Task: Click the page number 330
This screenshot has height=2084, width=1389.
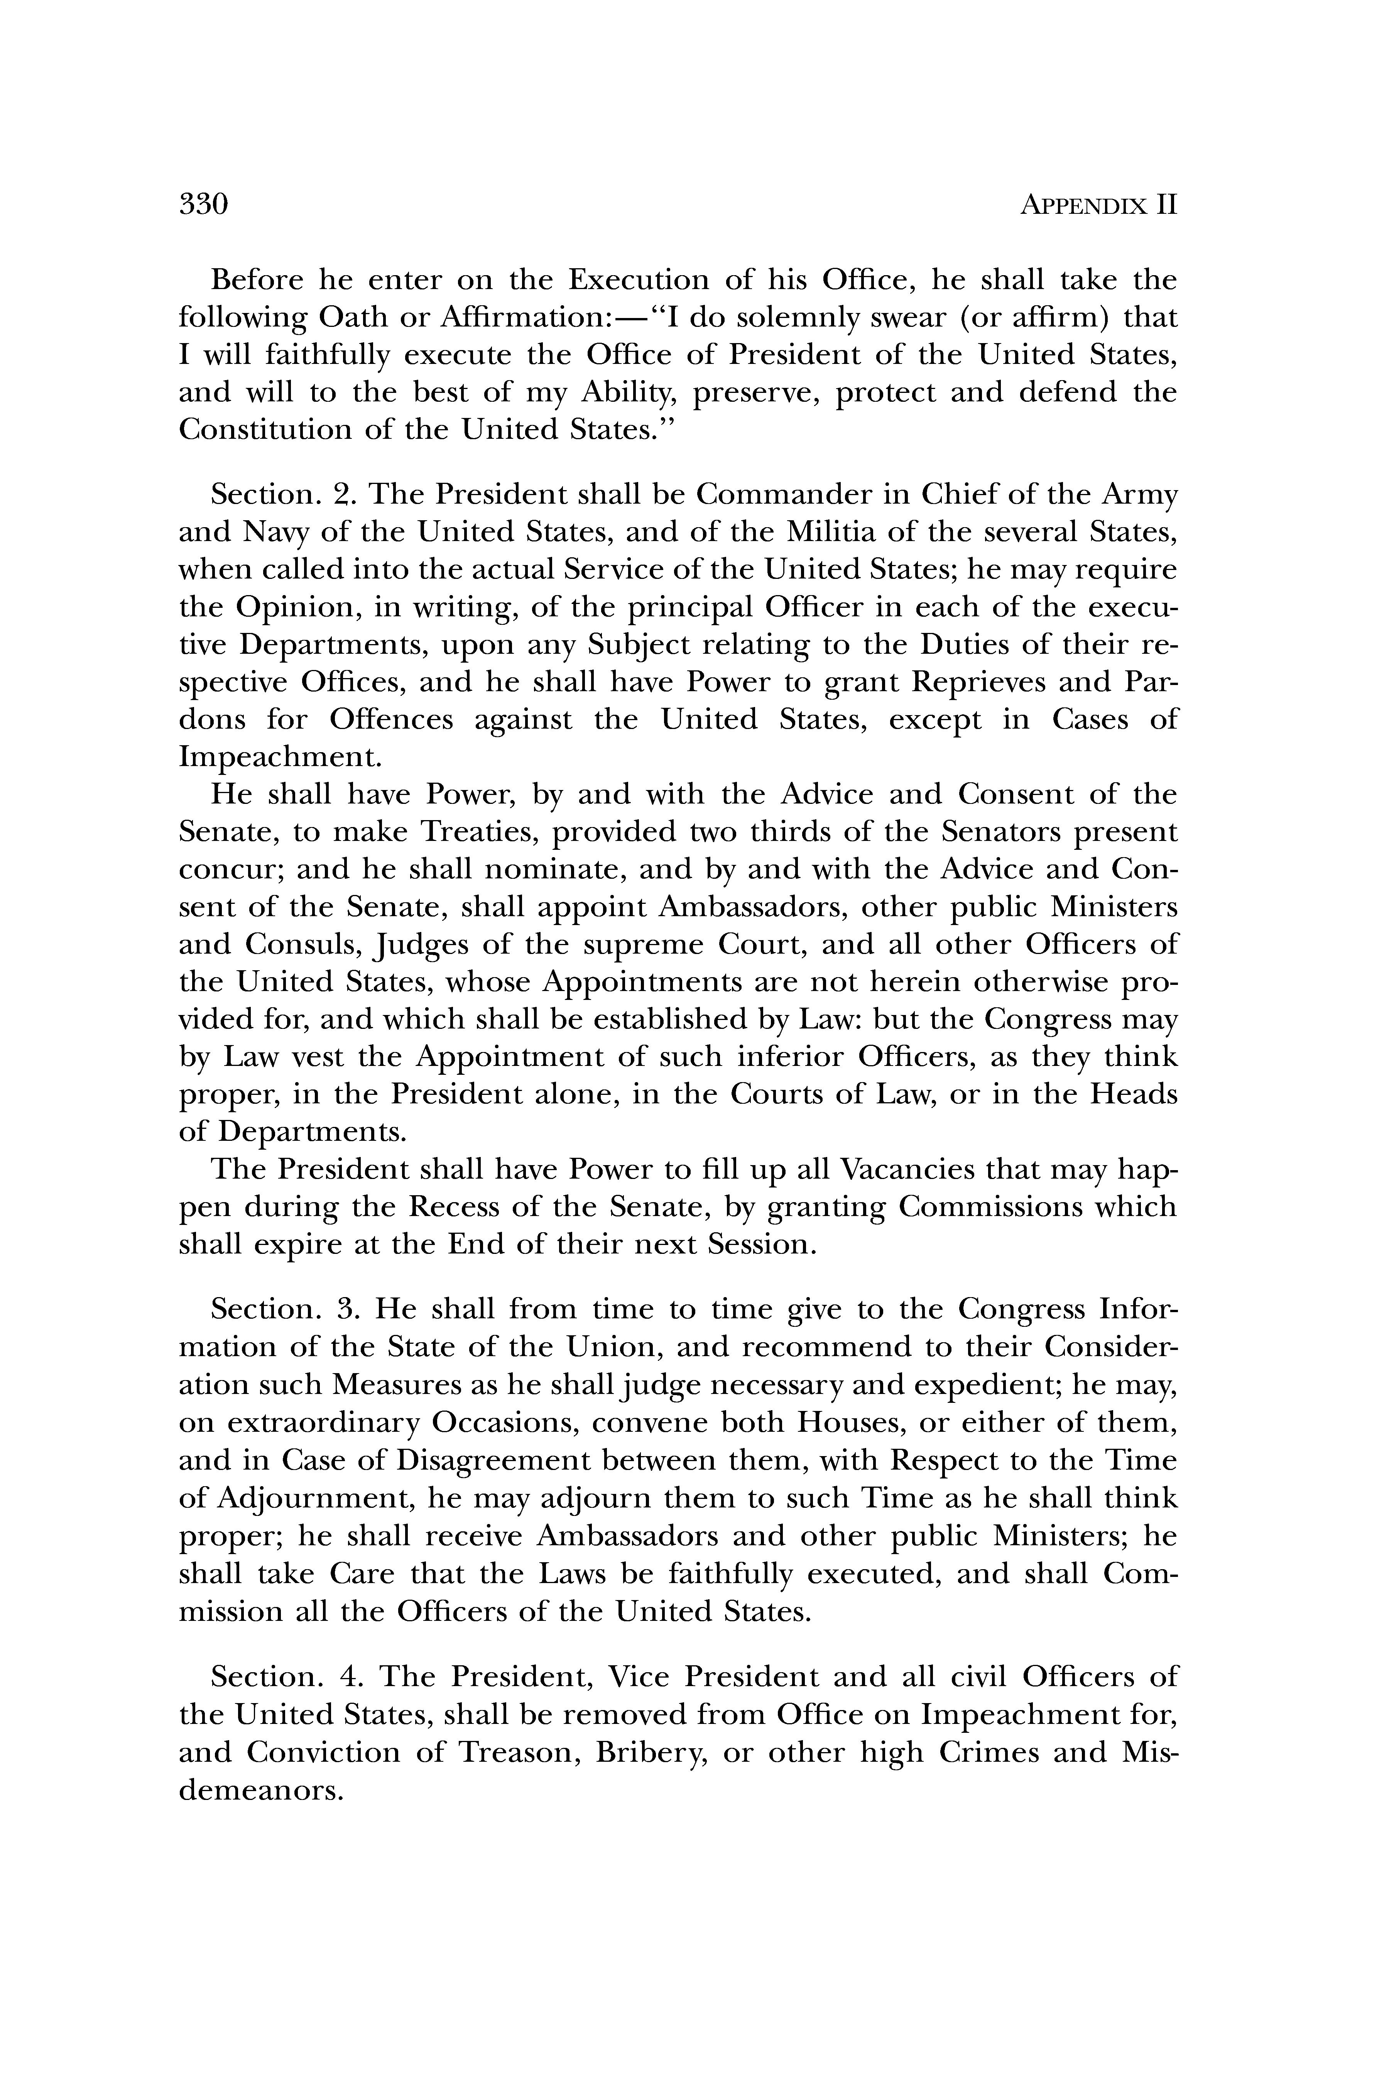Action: [204, 205]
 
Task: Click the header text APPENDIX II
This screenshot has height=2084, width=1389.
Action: [1098, 206]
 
